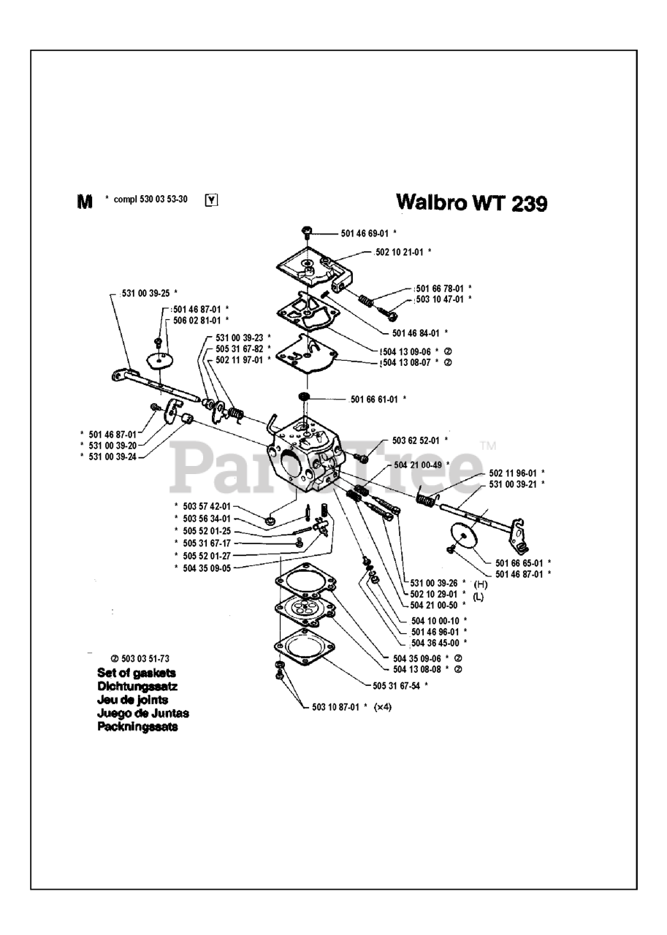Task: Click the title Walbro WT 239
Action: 470,202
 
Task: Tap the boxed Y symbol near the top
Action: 212,199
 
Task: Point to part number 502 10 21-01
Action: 398,251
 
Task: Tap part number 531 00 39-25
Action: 143,293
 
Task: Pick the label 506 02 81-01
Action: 197,320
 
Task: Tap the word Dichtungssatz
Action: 137,687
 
